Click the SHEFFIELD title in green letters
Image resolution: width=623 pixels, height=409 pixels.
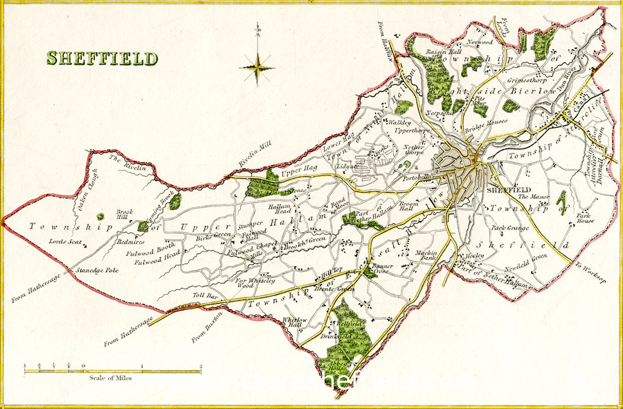102,58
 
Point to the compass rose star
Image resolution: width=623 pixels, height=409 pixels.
257,68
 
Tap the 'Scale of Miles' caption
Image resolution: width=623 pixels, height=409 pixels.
111,378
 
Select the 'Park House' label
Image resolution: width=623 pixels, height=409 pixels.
587,219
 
